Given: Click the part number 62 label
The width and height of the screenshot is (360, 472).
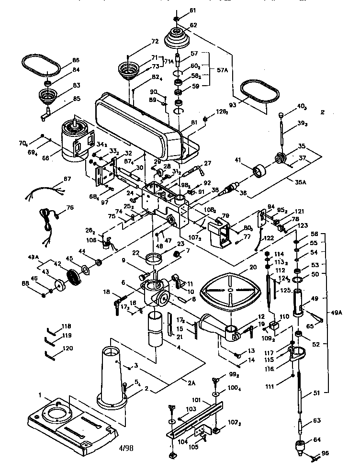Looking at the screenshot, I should click(180, 25).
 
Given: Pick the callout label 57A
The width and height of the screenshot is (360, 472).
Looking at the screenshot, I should click(222, 70).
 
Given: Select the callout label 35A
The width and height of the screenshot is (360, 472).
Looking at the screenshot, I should click(298, 182).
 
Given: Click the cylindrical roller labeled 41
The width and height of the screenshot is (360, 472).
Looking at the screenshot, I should click(260, 170).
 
